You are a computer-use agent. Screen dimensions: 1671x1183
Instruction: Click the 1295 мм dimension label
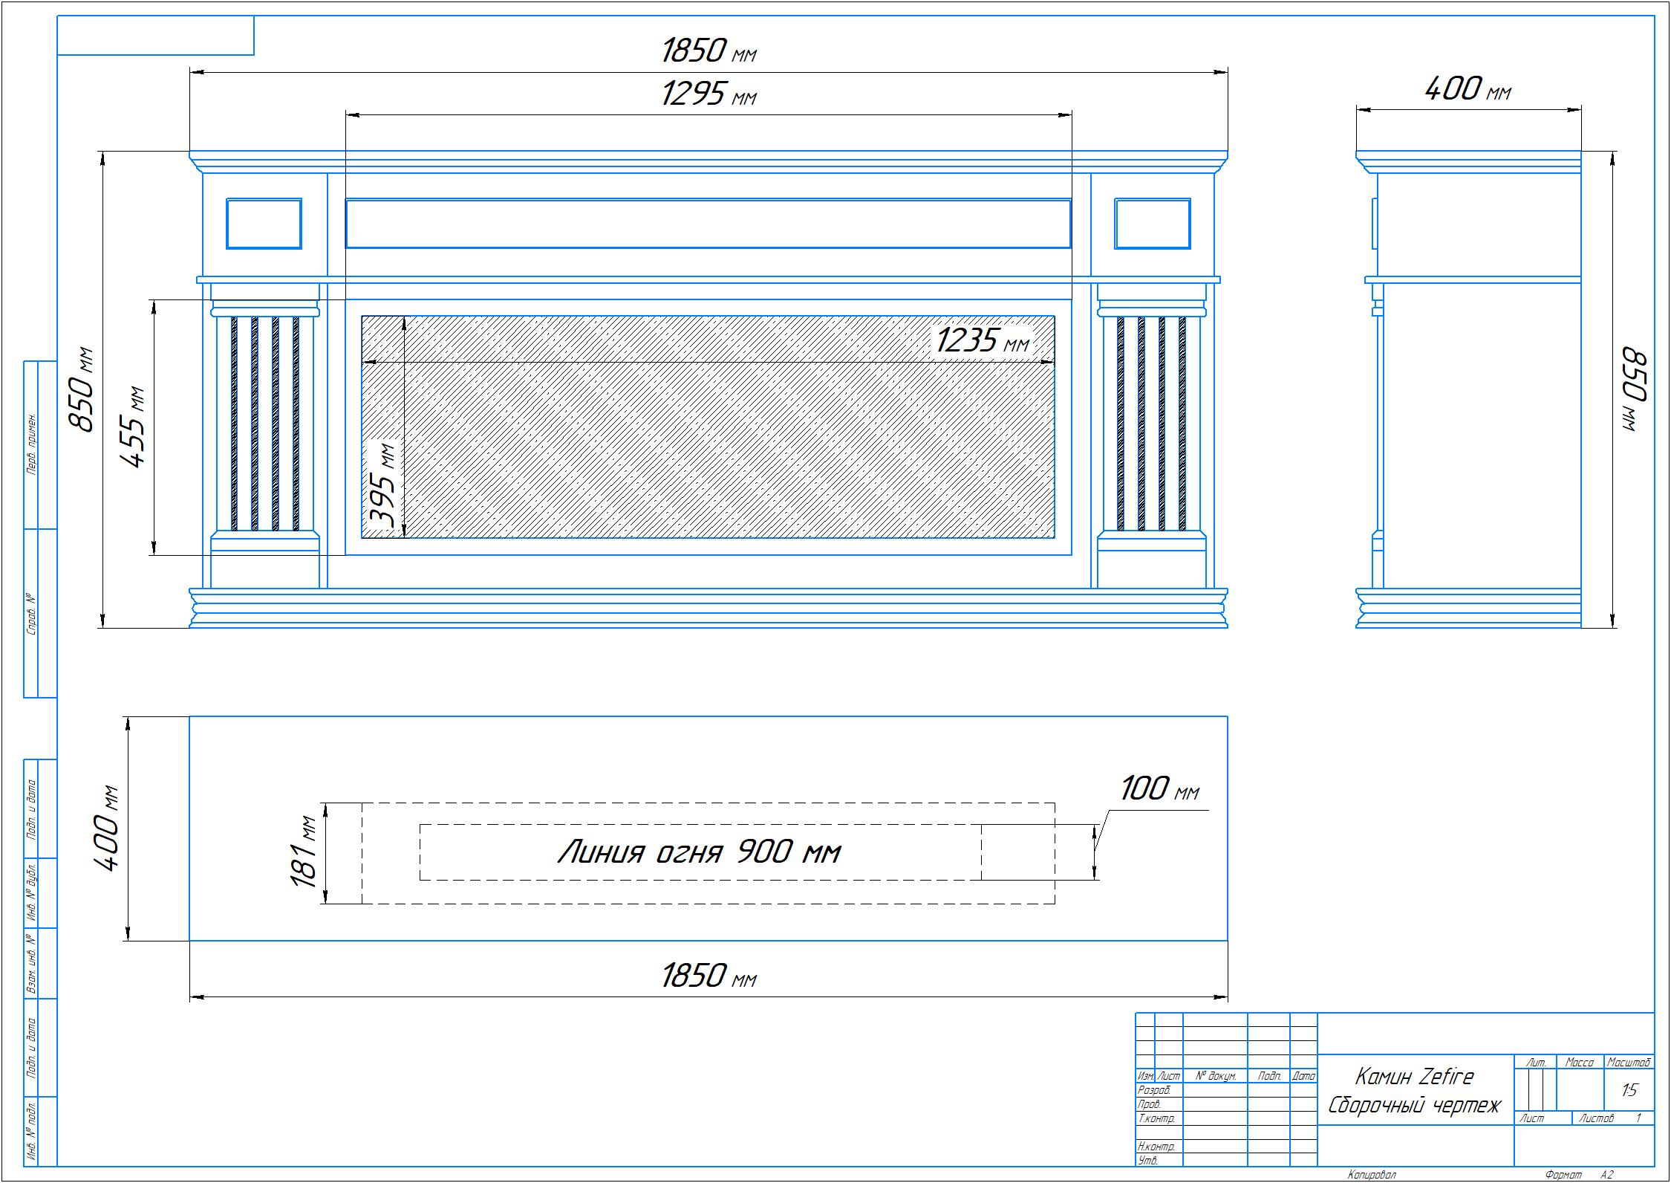(x=709, y=94)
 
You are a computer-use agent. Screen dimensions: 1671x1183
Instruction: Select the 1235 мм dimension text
(x=983, y=340)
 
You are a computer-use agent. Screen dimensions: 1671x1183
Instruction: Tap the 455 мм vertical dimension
(x=134, y=427)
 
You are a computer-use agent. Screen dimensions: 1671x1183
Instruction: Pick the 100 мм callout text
(x=1159, y=788)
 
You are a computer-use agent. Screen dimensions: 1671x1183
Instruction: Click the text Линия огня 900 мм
(x=699, y=852)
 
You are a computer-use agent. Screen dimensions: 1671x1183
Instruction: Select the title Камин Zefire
(x=1414, y=1076)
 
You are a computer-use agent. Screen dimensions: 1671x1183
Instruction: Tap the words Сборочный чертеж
(x=1414, y=1105)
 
